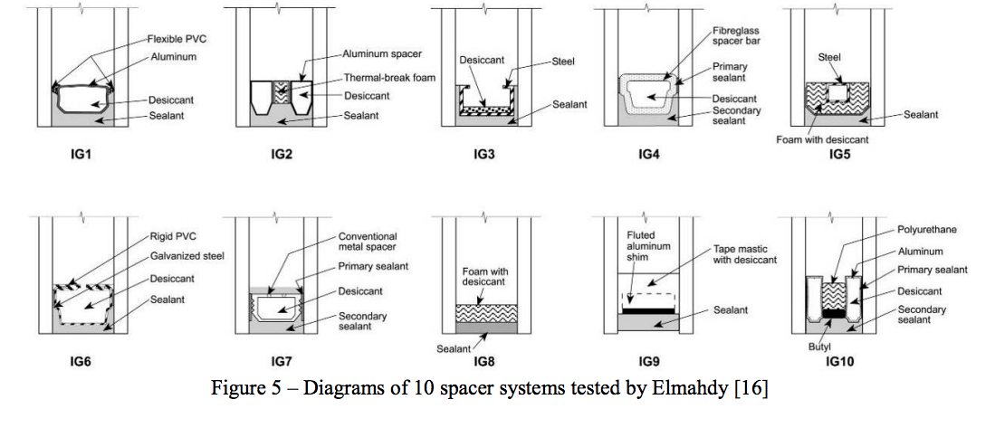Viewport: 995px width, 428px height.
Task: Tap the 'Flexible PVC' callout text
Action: click(x=178, y=40)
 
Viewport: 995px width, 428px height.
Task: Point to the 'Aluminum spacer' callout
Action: click(x=383, y=54)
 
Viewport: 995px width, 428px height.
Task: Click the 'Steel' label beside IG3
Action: click(x=563, y=62)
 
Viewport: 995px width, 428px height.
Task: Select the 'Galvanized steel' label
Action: click(x=187, y=256)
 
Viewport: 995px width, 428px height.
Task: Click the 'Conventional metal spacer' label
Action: click(x=368, y=242)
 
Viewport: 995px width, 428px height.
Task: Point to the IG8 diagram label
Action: click(x=486, y=362)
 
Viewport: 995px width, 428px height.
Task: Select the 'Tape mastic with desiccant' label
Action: click(x=740, y=254)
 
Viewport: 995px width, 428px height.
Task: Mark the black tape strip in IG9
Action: click(x=647, y=309)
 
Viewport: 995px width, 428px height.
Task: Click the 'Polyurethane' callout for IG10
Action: click(x=926, y=230)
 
